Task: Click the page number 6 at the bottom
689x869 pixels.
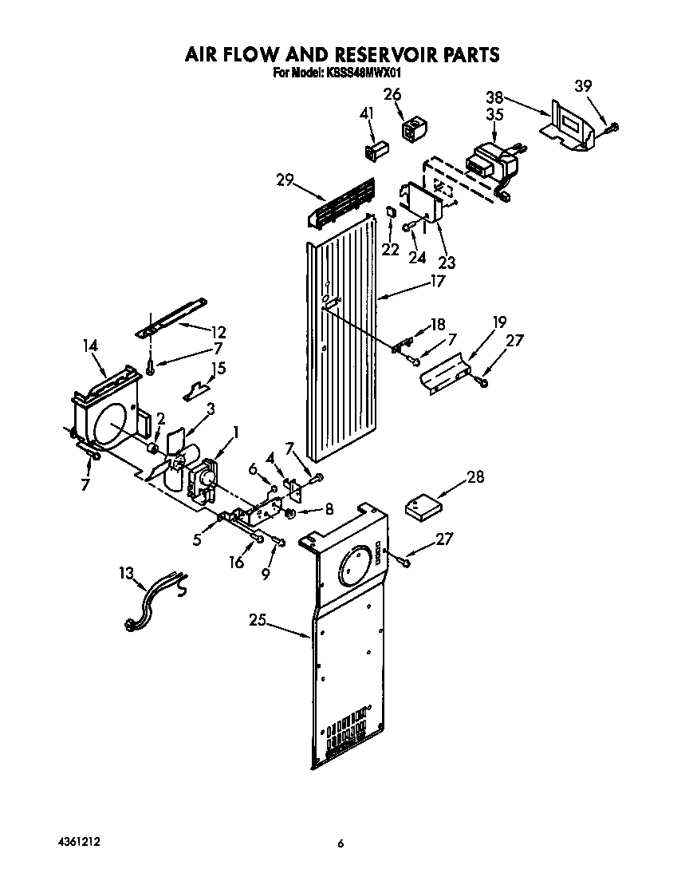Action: [341, 843]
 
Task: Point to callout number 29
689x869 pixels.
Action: [285, 182]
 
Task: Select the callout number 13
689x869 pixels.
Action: [126, 573]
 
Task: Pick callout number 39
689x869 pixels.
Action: [584, 86]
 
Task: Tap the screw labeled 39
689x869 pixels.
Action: [611, 126]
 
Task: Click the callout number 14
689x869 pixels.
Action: [90, 346]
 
